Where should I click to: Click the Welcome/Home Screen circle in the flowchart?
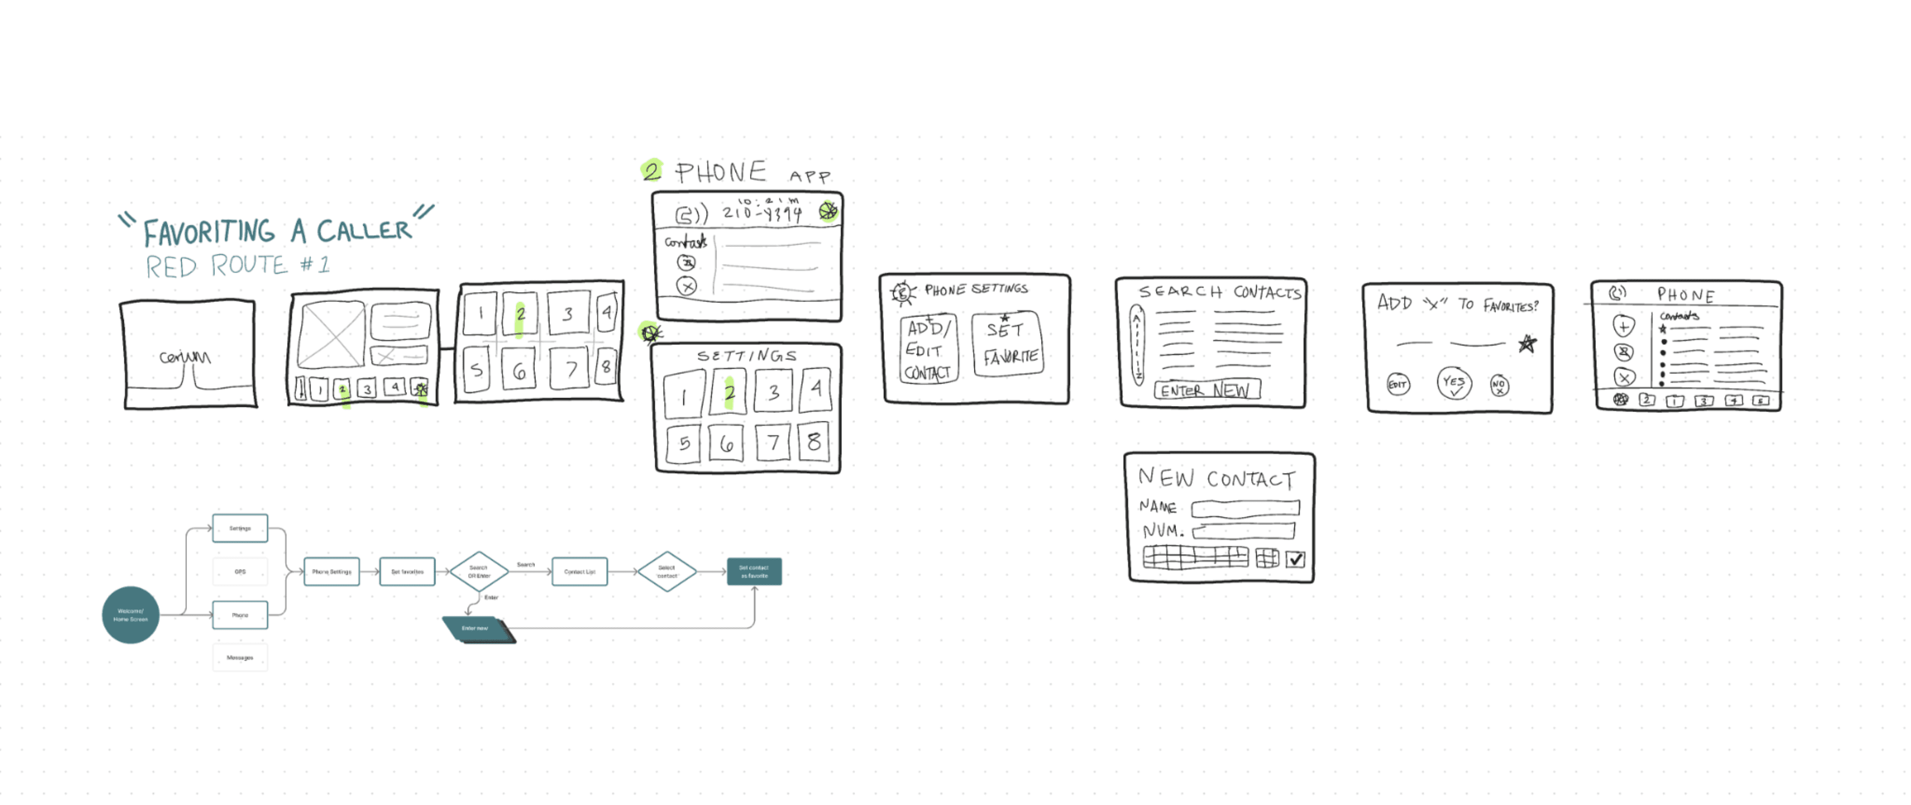click(x=130, y=615)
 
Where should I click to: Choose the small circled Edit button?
click(x=1398, y=384)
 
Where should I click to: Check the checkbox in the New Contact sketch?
click(x=1295, y=559)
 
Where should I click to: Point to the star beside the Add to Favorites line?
click(x=1527, y=343)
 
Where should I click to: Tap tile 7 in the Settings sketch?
click(x=773, y=442)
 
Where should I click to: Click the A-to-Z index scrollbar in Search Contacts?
click(x=1137, y=344)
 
